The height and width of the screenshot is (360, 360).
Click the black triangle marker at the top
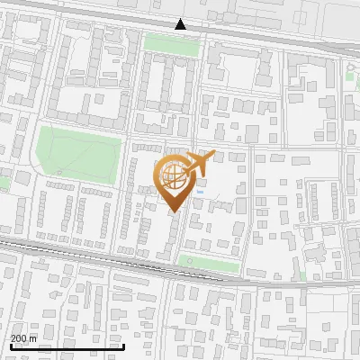(181, 24)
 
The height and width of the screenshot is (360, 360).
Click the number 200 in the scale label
(18, 338)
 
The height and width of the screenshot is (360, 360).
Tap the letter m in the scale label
(31, 338)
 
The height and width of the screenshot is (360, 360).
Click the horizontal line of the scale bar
(67, 346)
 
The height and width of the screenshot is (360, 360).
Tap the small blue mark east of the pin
(201, 191)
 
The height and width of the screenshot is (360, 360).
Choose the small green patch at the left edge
(4, 183)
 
